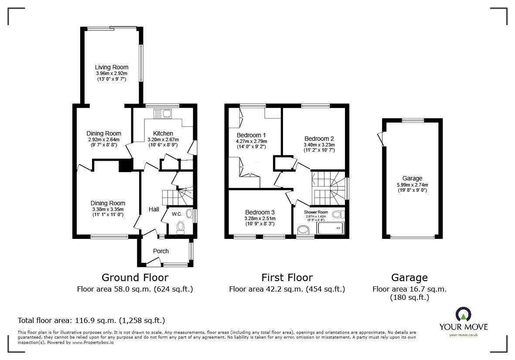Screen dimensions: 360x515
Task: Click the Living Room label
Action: [x=112, y=67]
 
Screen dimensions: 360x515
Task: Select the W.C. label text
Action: [x=177, y=214]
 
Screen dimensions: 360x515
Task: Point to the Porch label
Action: [x=161, y=251]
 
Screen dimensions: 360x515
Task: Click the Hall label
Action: [x=153, y=210]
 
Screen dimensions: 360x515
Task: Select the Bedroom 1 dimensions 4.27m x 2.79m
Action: [x=252, y=141]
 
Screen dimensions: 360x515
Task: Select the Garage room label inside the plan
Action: [x=412, y=178]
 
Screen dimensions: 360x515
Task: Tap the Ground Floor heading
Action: [x=135, y=278]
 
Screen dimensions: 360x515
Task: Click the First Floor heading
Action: [x=287, y=278]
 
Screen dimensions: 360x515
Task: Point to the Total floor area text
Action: [x=91, y=320]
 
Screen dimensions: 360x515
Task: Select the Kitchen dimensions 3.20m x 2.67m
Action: [x=163, y=139]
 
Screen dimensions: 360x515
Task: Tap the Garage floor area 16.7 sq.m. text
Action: [x=409, y=289]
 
